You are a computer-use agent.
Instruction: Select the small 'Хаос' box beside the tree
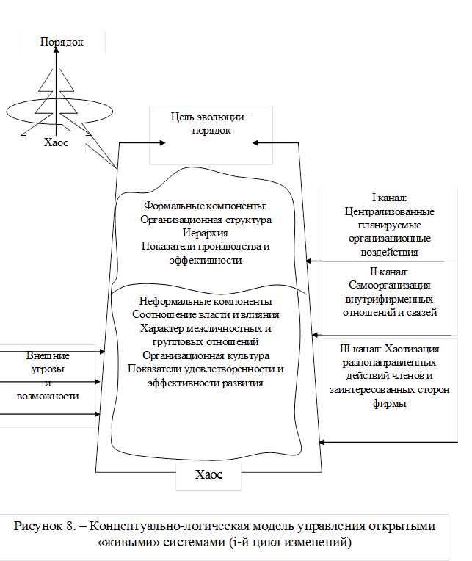click(56, 143)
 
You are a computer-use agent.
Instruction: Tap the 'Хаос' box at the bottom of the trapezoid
click(208, 475)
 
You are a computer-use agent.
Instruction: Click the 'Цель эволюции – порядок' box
click(211, 124)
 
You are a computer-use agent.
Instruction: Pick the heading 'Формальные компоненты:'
click(203, 206)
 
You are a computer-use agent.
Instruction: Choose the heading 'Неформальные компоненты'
click(206, 301)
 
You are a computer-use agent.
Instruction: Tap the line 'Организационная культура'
click(205, 355)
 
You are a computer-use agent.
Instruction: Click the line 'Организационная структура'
click(205, 220)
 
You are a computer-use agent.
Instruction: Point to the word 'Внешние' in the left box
click(48, 355)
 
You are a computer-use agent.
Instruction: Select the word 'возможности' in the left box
click(48, 396)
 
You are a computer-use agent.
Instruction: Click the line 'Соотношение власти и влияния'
click(205, 315)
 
